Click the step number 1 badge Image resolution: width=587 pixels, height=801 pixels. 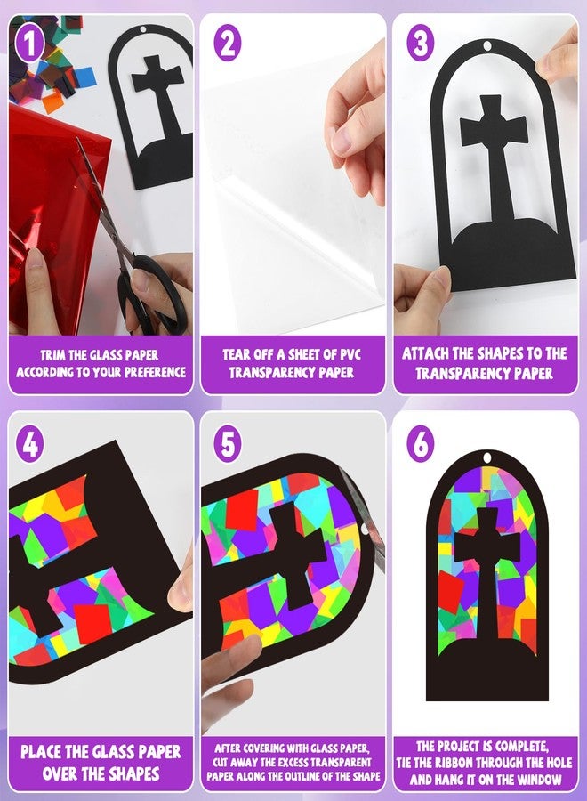point(30,44)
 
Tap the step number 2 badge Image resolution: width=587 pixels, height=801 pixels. point(228,44)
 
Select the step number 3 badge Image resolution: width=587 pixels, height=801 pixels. point(420,44)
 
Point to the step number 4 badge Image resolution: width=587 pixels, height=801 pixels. point(30,443)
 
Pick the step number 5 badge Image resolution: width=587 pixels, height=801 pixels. point(228,443)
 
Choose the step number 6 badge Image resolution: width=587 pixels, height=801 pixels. point(420,443)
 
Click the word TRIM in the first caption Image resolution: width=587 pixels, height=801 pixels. point(53,355)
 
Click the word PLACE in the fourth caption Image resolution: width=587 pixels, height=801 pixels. point(41,752)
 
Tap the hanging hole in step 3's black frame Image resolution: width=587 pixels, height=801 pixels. point(487,47)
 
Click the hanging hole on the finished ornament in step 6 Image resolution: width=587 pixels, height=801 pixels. point(486,457)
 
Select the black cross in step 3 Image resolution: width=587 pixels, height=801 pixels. point(493,158)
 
